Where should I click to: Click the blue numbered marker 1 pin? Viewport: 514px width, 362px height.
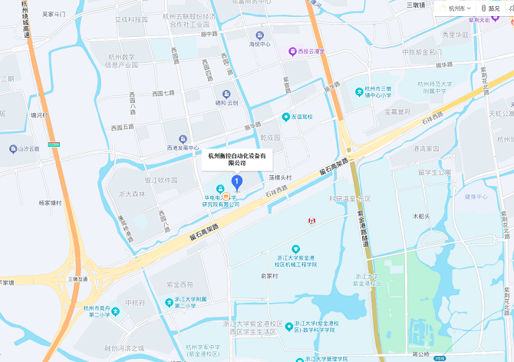[237, 182]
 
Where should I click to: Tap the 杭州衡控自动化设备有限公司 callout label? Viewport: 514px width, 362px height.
[238, 158]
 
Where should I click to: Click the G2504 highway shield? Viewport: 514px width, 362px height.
[53, 142]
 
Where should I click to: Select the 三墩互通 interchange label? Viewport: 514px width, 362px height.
[77, 279]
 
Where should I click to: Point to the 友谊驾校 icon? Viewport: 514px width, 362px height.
[285, 117]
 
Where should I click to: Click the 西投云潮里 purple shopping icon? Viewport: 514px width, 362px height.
[292, 51]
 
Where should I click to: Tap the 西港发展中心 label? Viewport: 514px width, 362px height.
[183, 148]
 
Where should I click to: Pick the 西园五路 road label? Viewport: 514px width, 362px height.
[123, 126]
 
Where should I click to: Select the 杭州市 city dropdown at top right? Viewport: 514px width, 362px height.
[459, 8]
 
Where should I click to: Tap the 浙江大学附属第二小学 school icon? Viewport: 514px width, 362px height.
[170, 302]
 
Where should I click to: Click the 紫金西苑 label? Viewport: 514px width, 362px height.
[181, 284]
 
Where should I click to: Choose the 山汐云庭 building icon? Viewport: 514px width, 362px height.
[13, 148]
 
